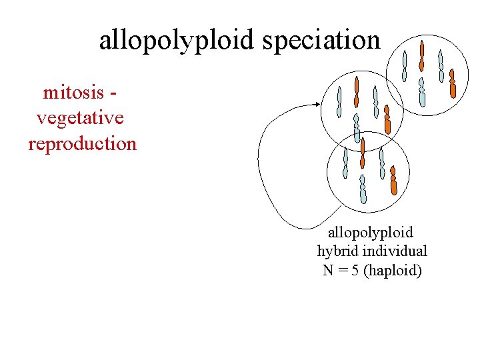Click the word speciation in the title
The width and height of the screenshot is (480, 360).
pyautogui.click(x=321, y=40)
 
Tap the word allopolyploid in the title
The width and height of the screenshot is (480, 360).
pyautogui.click(x=178, y=40)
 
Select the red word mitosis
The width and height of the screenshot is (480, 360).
pyautogui.click(x=73, y=92)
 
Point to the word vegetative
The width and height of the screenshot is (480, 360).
pyautogui.click(x=80, y=118)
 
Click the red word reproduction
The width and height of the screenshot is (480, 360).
pyautogui.click(x=82, y=143)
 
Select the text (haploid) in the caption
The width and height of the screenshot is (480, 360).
pyautogui.click(x=393, y=270)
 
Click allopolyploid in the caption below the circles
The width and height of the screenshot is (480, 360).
pyautogui.click(x=371, y=233)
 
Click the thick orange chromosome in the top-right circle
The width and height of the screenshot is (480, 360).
pyautogui.click(x=453, y=84)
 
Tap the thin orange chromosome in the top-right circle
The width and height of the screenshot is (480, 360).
pyautogui.click(x=421, y=56)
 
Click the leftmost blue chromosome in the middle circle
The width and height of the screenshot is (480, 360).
pyautogui.click(x=339, y=102)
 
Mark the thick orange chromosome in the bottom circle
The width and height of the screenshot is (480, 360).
pyautogui.click(x=393, y=181)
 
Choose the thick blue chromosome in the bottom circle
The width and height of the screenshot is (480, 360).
pyautogui.click(x=363, y=189)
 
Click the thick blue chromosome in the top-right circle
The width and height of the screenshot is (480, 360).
pyautogui.click(x=421, y=93)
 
